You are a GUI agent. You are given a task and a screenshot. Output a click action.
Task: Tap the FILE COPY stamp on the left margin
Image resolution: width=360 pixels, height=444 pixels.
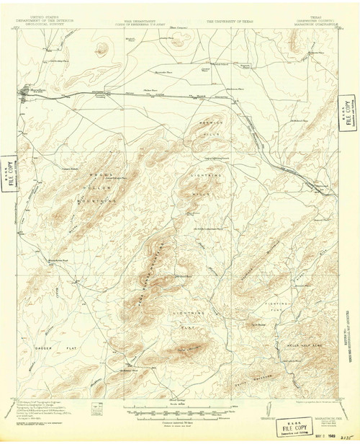tap(8, 173)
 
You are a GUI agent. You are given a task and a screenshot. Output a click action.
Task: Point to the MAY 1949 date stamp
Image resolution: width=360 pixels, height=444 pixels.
tap(318, 435)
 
